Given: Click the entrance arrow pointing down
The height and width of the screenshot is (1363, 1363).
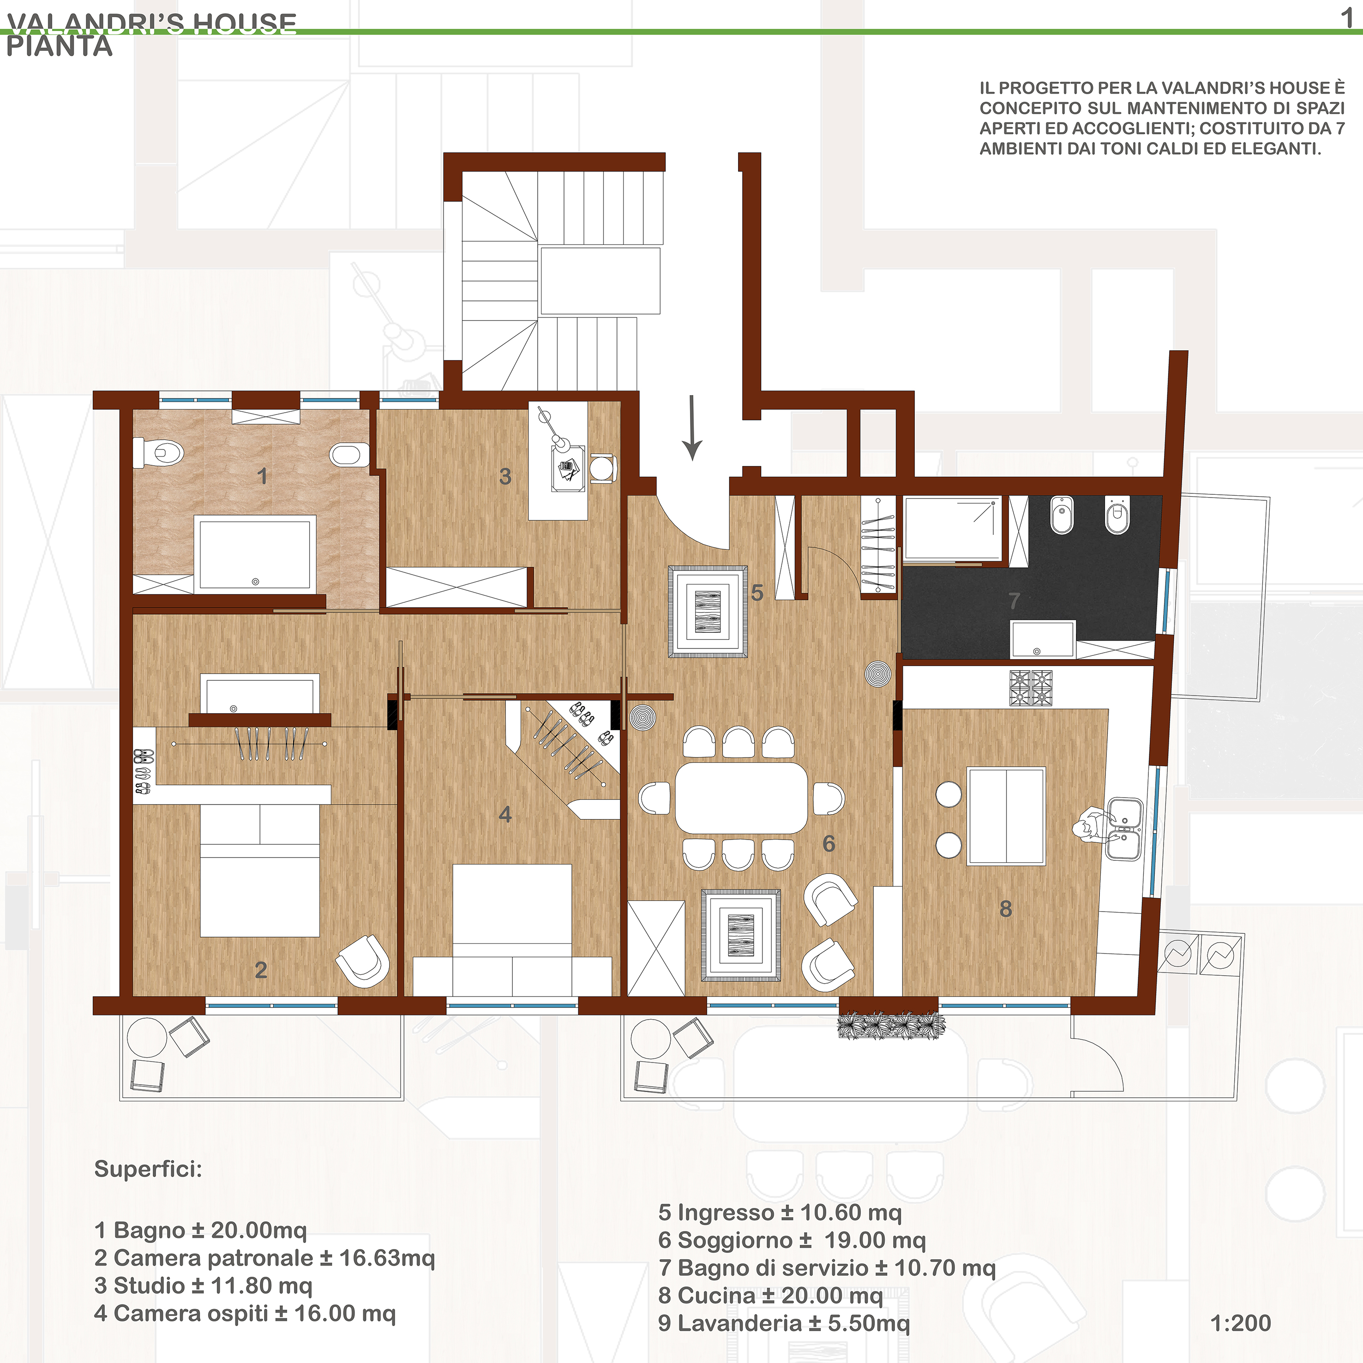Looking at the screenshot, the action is (692, 427).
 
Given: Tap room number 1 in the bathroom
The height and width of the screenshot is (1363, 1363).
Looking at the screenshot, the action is (263, 476).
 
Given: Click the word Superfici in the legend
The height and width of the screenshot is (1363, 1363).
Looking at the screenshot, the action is (148, 1169).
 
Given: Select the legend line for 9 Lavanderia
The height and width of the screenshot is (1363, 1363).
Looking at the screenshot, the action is (784, 1323).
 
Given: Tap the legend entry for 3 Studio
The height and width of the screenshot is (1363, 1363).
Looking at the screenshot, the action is (203, 1285).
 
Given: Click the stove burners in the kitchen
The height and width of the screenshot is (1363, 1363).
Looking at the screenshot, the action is (1031, 688).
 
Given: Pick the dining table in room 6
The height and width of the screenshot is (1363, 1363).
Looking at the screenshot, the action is (741, 797).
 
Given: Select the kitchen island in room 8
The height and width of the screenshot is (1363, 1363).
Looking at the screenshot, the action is (1006, 816).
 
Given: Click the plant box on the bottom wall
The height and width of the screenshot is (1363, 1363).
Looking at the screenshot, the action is (891, 1025).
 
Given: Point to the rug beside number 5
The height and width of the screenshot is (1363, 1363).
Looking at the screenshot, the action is (708, 612).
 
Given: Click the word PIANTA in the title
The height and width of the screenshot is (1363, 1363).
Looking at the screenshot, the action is (59, 47).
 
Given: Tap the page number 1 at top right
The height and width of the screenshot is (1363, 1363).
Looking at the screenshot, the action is (1347, 17).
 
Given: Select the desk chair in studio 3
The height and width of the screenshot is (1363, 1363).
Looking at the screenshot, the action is (602, 467).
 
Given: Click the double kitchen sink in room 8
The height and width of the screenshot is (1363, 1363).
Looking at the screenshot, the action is (1124, 829).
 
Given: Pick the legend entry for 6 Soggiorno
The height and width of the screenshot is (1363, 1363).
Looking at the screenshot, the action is (792, 1240).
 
